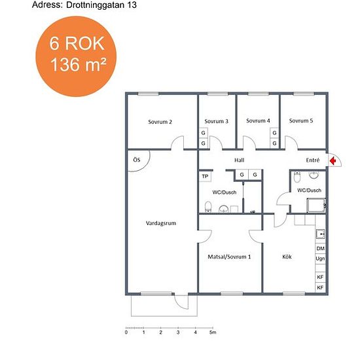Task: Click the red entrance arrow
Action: click(x=333, y=160)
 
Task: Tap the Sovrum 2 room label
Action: click(x=160, y=122)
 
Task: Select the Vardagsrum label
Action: click(x=161, y=223)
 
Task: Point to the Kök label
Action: click(x=287, y=257)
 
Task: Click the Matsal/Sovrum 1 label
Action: click(x=229, y=257)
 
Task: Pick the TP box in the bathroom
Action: click(x=205, y=176)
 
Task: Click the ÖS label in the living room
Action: click(x=137, y=160)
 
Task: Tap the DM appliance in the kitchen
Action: click(x=321, y=249)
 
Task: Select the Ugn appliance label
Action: click(x=320, y=259)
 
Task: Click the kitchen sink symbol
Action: click(x=321, y=234)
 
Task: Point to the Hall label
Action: click(x=239, y=160)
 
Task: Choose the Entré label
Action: click(x=313, y=160)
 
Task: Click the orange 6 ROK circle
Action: click(x=76, y=56)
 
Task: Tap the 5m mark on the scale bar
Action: click(x=213, y=332)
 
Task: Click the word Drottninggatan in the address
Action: click(x=95, y=5)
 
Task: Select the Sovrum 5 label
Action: click(x=301, y=121)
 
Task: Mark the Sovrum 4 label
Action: click(x=258, y=121)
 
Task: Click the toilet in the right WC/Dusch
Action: click(x=297, y=177)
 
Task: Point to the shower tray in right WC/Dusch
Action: click(x=316, y=206)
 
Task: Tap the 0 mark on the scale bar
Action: click(x=126, y=332)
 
